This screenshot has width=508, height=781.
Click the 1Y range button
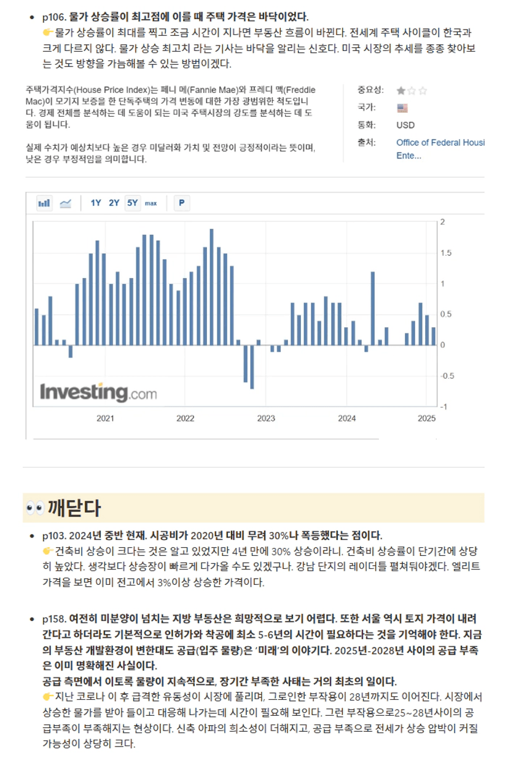(x=96, y=203)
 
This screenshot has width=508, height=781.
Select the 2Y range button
(x=114, y=203)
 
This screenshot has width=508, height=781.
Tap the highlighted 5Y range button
(x=133, y=203)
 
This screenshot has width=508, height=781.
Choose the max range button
(x=151, y=203)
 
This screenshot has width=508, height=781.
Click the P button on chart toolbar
(x=182, y=203)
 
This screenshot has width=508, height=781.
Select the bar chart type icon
(x=44, y=203)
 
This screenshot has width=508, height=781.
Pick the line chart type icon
(x=65, y=203)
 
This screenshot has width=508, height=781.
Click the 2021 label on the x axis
(x=105, y=418)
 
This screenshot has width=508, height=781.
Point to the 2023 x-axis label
(x=266, y=418)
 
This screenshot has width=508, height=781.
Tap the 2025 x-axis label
(x=426, y=418)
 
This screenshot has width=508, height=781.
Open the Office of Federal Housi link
(x=440, y=143)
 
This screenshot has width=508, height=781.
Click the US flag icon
(x=402, y=108)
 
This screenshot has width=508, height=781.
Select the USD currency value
(x=405, y=125)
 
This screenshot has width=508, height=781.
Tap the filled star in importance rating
(x=401, y=91)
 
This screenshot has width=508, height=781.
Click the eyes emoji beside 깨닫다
(x=35, y=508)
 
